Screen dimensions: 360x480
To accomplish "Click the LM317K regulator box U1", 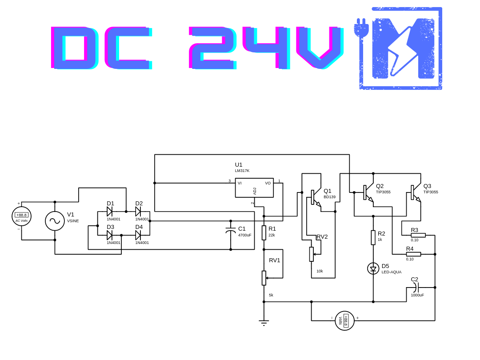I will click(x=254, y=188).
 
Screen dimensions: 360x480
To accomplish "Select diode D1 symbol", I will click(x=110, y=212).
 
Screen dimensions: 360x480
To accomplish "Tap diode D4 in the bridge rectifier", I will click(x=138, y=235).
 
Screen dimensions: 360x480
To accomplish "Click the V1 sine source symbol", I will click(x=55, y=221).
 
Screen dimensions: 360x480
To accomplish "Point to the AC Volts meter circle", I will click(x=21, y=216).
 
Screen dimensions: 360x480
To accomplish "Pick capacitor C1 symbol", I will click(x=231, y=231).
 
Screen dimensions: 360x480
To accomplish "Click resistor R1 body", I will click(x=264, y=232).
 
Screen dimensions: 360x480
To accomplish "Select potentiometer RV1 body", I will click(x=264, y=278).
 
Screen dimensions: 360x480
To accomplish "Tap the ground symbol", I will click(x=264, y=322).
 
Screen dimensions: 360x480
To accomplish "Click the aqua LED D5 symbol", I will click(x=373, y=268).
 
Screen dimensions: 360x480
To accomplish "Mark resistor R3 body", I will click(x=418, y=235).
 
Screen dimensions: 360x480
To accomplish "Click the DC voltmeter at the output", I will click(x=344, y=320).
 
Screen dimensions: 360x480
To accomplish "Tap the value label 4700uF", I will click(x=245, y=235).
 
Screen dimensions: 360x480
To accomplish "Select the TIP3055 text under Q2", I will click(x=383, y=192).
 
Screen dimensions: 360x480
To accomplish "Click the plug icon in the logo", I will click(x=361, y=28).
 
